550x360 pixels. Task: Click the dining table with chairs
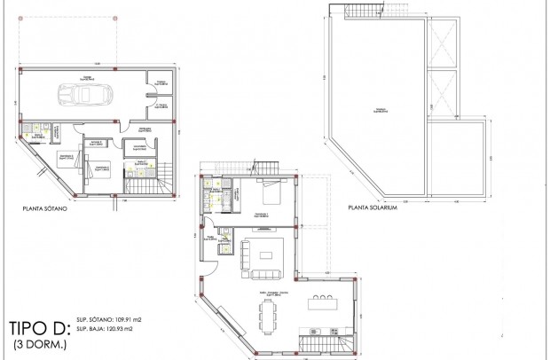pyautogui.click(x=270, y=312)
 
